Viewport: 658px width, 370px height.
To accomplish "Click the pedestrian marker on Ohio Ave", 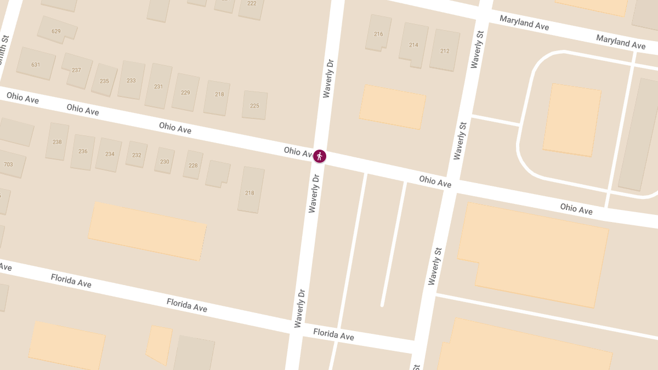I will click(320, 156).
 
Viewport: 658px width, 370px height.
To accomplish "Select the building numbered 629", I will click(56, 31).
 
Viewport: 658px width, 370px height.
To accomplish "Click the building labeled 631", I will click(36, 65).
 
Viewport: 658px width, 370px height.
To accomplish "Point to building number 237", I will click(76, 70).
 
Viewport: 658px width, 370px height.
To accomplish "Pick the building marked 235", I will click(104, 81).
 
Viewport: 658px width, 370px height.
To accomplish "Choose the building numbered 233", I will click(131, 81).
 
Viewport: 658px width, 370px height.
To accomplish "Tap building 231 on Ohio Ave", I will click(158, 87).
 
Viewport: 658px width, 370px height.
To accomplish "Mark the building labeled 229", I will click(185, 93).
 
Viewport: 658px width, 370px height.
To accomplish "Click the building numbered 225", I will click(254, 106).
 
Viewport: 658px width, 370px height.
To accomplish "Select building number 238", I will click(57, 142).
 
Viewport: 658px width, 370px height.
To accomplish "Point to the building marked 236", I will click(83, 151).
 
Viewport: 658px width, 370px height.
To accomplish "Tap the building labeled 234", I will click(110, 154).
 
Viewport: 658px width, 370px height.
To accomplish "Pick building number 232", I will click(137, 155).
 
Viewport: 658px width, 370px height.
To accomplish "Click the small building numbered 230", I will click(164, 162).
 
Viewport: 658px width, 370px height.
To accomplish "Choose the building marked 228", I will click(193, 166).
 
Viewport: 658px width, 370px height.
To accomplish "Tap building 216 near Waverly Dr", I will click(378, 34).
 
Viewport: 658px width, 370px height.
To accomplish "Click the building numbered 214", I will click(413, 45).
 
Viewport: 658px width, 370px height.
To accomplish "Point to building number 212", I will click(445, 51).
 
